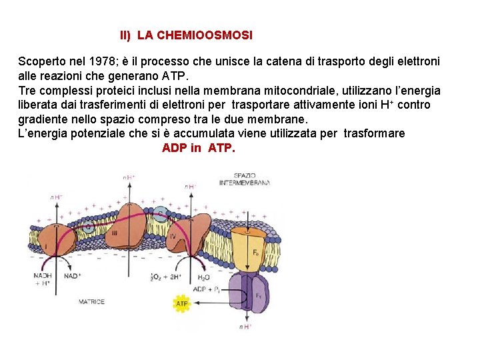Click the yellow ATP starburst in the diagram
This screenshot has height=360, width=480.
point(182,304)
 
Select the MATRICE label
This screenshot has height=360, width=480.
point(91,302)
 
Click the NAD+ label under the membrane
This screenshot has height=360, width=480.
point(73,276)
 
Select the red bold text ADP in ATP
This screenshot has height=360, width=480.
point(199,148)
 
